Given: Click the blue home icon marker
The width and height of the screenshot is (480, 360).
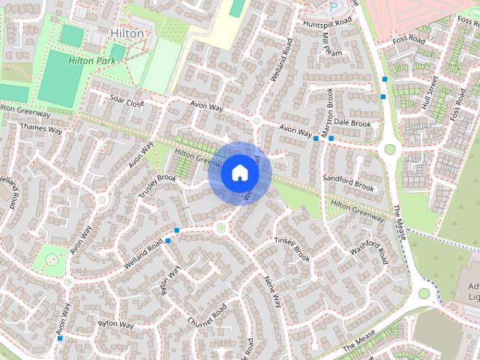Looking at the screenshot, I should point(239,173).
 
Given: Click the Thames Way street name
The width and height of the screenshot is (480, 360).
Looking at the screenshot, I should point(42,129).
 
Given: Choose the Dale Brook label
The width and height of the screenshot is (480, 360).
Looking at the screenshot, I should point(352,123).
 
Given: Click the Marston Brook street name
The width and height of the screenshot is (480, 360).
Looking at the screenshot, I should point(327,112).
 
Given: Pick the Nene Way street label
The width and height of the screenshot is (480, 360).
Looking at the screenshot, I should point(271,290).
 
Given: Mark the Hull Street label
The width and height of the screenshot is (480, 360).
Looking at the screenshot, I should point(431,94).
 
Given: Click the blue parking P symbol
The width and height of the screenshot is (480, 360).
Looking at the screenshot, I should point(332,7).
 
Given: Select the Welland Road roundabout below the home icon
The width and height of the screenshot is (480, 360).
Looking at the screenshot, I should point(220,226).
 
